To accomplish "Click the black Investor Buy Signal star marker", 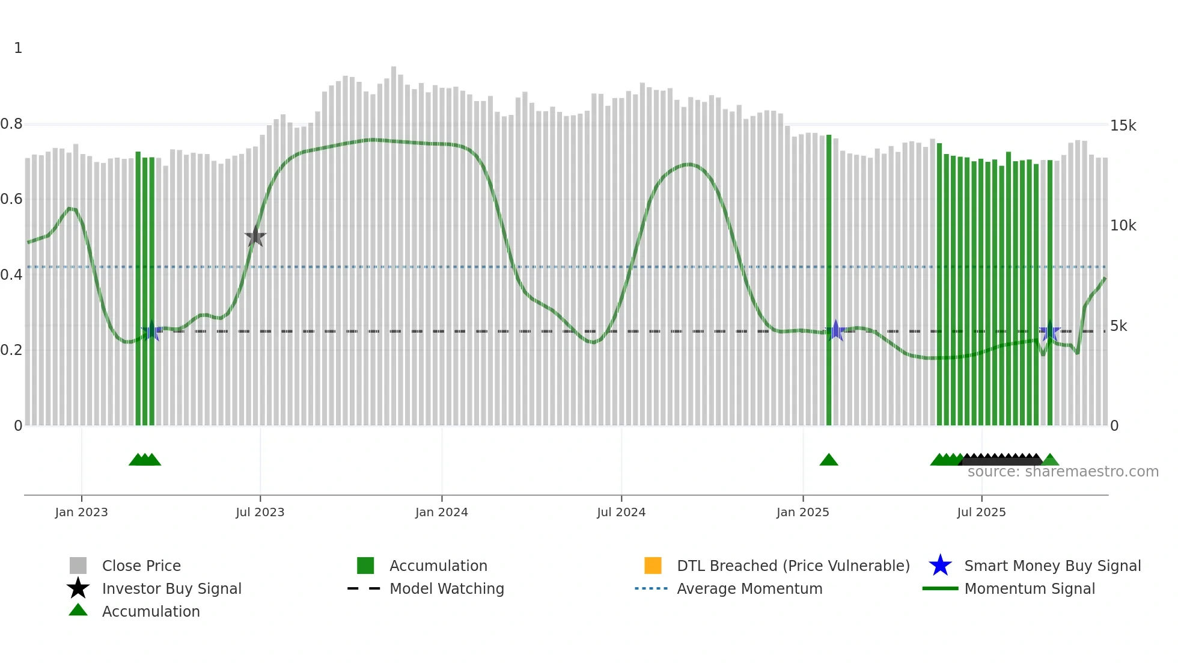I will [255, 237].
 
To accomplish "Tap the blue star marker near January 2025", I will [835, 331].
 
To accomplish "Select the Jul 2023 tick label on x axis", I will [260, 513].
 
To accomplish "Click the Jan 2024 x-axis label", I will [441, 513].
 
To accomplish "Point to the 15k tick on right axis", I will [1123, 126].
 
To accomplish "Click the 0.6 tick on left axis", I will [11, 199].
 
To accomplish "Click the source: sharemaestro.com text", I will [1063, 472].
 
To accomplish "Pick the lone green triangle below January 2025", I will [829, 460].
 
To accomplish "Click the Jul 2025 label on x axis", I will [981, 513].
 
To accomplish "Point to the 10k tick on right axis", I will [1123, 226].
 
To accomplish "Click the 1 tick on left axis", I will [18, 48].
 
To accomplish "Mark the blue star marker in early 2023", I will [151, 331].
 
